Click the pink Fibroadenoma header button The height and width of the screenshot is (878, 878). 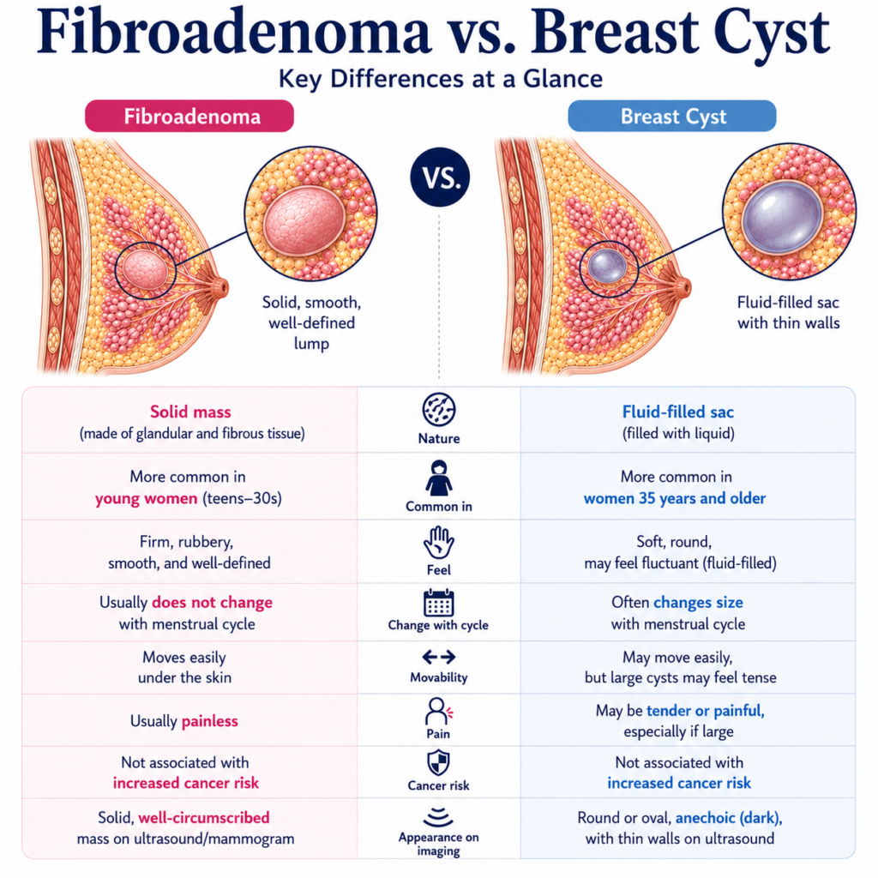pyautogui.click(x=189, y=116)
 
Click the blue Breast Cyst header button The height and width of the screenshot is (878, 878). pyautogui.click(x=672, y=116)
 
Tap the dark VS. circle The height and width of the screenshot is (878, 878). pyautogui.click(x=440, y=177)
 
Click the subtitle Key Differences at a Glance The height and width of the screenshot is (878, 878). pyautogui.click(x=440, y=78)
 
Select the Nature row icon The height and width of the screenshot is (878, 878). pyautogui.click(x=439, y=409)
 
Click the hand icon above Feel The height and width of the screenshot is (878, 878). pyautogui.click(x=438, y=542)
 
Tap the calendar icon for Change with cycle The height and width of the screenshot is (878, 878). pyautogui.click(x=438, y=603)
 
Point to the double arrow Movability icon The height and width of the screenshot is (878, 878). pyautogui.click(x=438, y=656)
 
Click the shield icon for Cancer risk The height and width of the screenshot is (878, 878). pyautogui.click(x=438, y=762)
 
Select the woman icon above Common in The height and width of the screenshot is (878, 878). pyautogui.click(x=438, y=478)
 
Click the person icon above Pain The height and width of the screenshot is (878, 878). pyautogui.click(x=438, y=711)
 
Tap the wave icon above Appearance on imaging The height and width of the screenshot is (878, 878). pyautogui.click(x=438, y=817)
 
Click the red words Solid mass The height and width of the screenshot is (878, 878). pyautogui.click(x=190, y=412)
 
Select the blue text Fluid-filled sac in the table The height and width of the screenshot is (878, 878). pyautogui.click(x=678, y=412)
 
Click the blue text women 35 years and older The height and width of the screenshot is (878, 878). pyautogui.click(x=674, y=498)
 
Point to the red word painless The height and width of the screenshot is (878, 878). pyautogui.click(x=210, y=721)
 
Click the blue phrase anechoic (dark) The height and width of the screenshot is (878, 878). pyautogui.click(x=728, y=818)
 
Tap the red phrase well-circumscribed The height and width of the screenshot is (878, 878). pyautogui.click(x=204, y=817)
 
